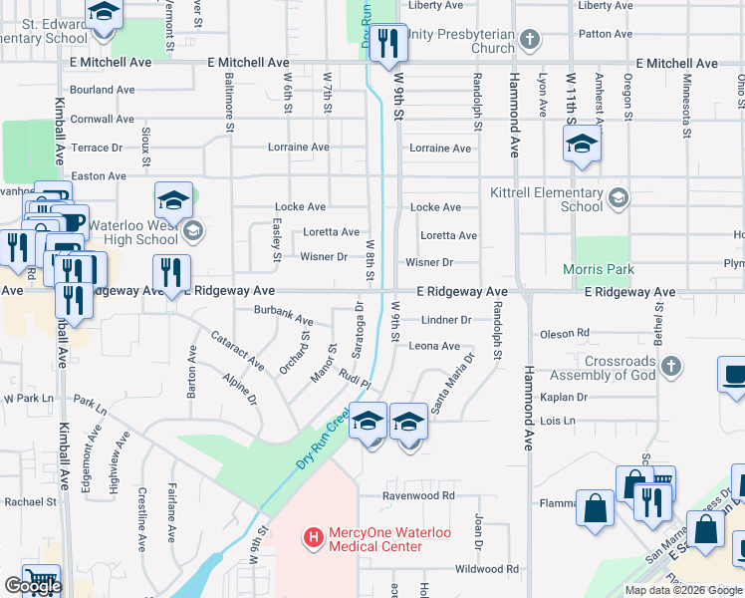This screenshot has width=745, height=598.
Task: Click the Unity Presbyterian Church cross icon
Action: click(x=530, y=41)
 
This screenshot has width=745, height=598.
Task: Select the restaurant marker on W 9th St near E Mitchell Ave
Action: click(x=388, y=43)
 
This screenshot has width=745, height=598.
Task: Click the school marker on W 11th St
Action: click(x=583, y=146)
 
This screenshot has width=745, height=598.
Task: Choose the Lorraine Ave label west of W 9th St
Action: click(x=298, y=148)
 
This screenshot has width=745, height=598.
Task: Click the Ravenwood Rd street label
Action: click(x=420, y=495)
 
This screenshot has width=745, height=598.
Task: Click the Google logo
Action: click(x=33, y=586)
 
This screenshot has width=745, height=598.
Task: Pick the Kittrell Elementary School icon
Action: click(x=619, y=196)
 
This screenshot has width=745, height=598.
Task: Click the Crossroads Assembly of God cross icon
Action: click(x=670, y=367)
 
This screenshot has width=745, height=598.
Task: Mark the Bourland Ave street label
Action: click(x=103, y=90)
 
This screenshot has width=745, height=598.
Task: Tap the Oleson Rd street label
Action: click(x=564, y=333)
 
